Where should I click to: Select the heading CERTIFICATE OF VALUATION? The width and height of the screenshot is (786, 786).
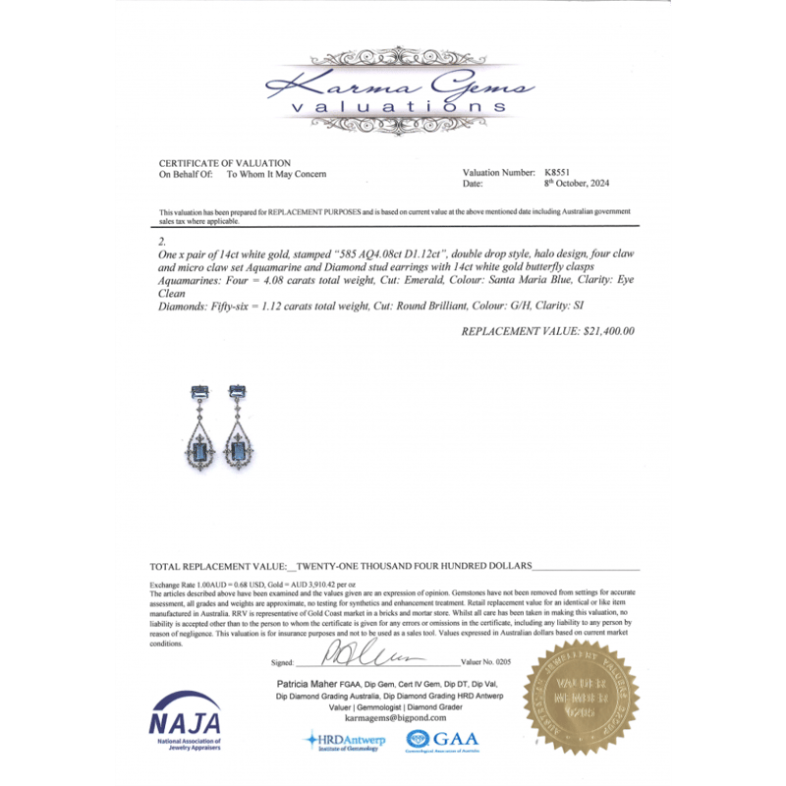[x=225, y=162]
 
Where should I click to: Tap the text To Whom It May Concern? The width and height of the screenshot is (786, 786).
[x=277, y=174]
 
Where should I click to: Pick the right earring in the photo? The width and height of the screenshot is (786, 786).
[x=240, y=433]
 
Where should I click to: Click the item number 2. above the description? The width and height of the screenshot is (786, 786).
[x=163, y=240]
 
